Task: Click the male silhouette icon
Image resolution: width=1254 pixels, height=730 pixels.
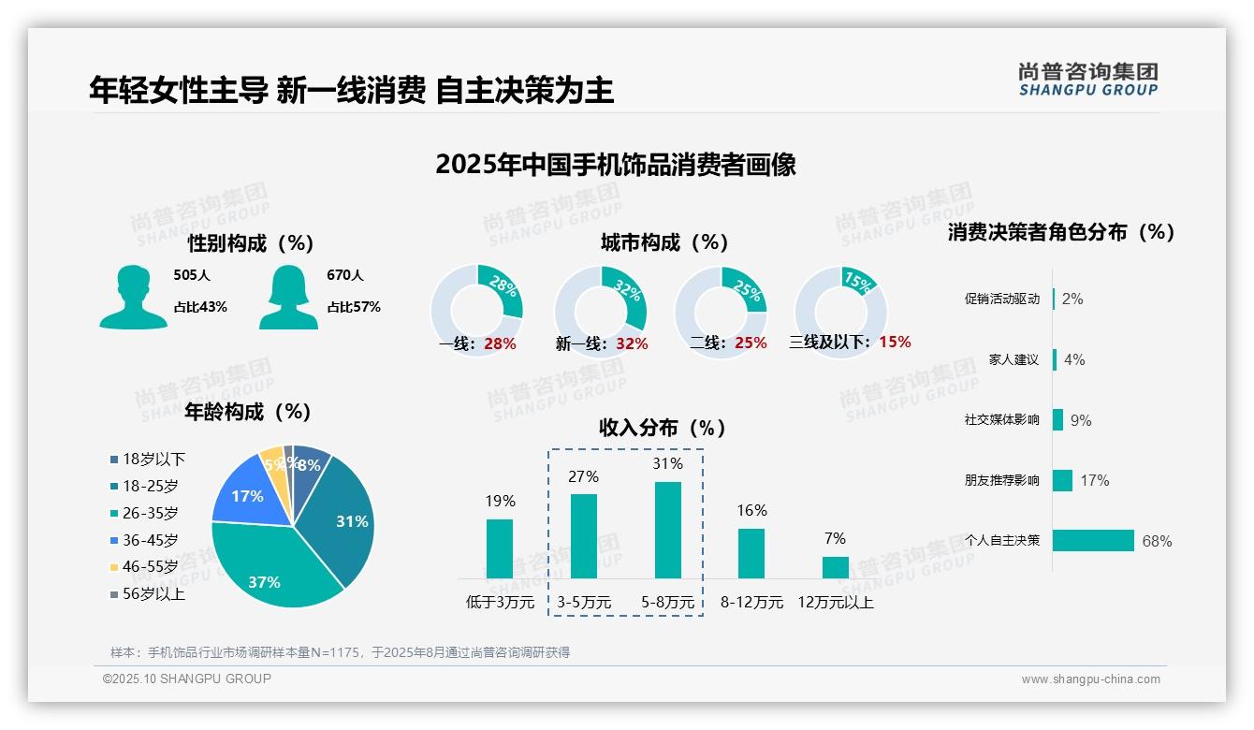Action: point(133,297)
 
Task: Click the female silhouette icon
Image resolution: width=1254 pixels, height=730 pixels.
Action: point(288,297)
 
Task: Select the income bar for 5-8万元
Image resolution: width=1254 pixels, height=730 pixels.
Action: point(667,530)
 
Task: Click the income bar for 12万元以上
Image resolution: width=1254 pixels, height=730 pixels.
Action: point(835,567)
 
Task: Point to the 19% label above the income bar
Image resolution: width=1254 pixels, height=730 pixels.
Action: point(500,502)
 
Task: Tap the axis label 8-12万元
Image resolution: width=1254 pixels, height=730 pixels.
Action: point(751,603)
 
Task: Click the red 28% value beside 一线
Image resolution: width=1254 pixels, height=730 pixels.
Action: point(500,343)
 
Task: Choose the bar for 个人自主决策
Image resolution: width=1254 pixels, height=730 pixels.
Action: point(1093,540)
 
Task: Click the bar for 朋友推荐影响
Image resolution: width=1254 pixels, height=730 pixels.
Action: point(1062,480)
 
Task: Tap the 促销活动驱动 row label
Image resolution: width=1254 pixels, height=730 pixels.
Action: point(1001,299)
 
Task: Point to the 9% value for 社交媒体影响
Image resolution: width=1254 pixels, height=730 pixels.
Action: point(1081,420)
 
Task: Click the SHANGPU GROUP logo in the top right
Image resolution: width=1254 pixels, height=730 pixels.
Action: point(1087,79)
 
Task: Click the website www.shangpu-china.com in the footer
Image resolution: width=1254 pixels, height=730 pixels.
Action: point(1090,679)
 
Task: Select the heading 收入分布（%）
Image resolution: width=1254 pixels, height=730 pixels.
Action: point(663,428)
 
